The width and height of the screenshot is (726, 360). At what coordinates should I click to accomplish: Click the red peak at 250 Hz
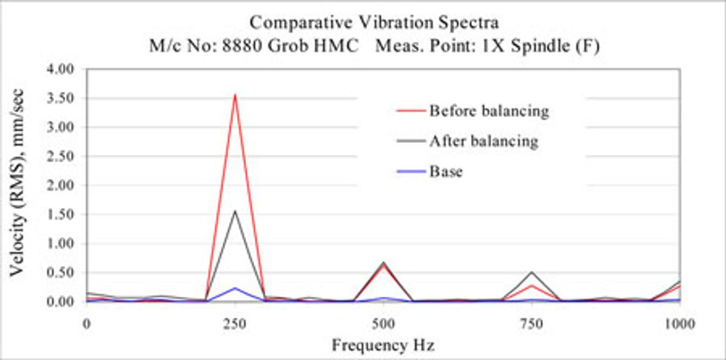point(235,95)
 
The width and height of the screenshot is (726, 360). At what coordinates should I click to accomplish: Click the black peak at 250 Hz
point(235,210)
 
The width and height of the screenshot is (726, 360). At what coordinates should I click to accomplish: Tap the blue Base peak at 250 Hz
point(235,288)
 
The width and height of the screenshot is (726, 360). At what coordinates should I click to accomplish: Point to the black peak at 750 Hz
point(531,272)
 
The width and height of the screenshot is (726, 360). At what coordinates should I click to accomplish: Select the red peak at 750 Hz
point(531,285)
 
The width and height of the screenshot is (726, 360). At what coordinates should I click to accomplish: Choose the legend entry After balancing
point(483,141)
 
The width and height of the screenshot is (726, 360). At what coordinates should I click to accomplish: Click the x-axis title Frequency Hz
point(382,345)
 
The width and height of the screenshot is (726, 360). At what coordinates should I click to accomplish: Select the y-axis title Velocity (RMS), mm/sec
point(16,185)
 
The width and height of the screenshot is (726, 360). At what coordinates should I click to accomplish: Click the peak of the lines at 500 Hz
point(383,263)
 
